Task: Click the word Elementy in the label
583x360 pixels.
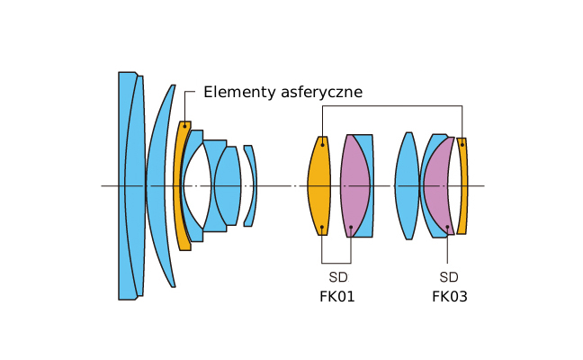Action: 238,92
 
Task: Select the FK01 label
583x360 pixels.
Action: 337,296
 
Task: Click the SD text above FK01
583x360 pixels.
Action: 337,277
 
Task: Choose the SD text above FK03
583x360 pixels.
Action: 449,277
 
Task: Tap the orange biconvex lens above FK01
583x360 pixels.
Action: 319,185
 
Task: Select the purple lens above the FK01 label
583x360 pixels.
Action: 353,185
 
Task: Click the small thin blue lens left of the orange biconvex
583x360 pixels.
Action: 249,185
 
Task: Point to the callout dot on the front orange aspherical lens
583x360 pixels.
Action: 184,125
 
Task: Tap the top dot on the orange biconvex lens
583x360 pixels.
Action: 322,142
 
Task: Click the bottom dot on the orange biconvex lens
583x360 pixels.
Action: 322,228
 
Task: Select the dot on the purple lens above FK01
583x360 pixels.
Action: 350,228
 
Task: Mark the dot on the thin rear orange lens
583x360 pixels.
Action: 462,143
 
